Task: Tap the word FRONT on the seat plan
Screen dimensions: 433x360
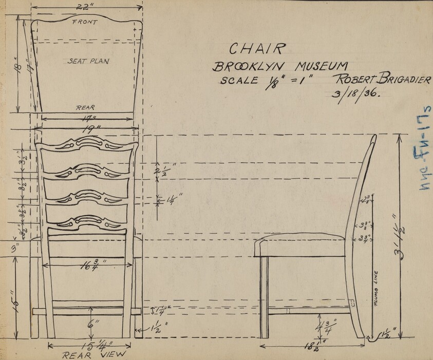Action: point(85,22)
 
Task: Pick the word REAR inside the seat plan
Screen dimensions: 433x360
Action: point(85,108)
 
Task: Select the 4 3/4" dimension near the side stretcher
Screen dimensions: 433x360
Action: point(325,325)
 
